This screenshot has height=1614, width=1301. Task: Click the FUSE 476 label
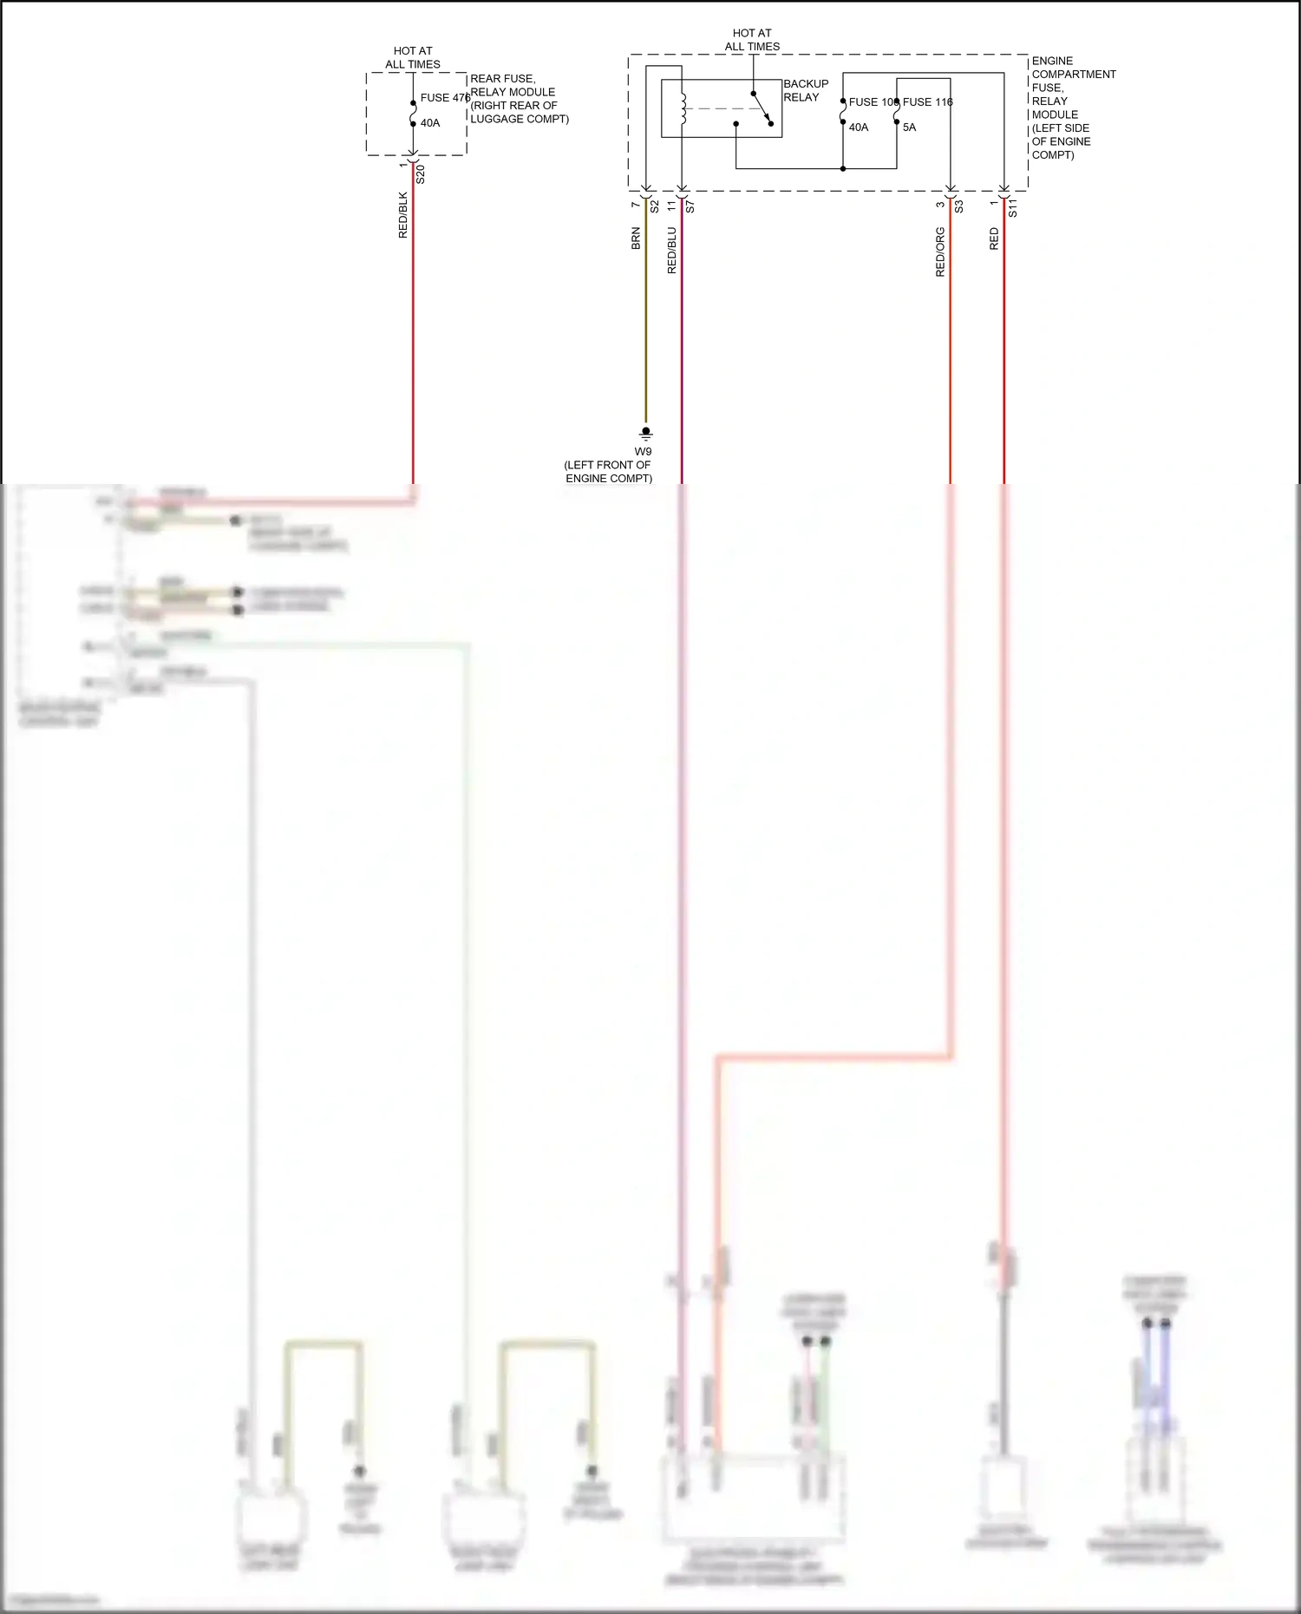pos(444,98)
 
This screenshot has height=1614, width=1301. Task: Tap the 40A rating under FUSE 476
pos(430,123)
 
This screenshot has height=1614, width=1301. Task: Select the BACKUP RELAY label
pos(806,90)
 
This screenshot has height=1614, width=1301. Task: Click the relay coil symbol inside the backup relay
pos(683,108)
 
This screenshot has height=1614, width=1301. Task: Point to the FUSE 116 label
pos(927,102)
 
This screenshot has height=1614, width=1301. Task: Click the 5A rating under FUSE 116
pos(909,127)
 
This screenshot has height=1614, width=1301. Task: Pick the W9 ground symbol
pos(645,434)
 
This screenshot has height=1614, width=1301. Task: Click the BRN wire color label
pos(636,239)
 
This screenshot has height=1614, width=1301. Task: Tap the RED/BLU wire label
pos(671,251)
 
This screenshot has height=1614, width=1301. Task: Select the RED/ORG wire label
pos(940,252)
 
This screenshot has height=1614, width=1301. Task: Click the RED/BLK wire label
pos(402,215)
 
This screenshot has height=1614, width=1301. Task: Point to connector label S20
pos(421,174)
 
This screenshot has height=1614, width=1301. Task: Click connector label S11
pos(1012,207)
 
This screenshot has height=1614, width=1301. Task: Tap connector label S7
pos(690,207)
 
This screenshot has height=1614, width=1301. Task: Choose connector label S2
pos(655,206)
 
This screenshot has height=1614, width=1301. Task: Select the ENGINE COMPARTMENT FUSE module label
pos(1072,108)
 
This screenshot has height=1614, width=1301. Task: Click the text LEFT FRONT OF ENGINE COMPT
pos(608,472)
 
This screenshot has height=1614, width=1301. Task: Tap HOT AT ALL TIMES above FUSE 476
pos(413,58)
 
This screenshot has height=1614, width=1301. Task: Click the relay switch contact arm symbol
pos(762,108)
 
